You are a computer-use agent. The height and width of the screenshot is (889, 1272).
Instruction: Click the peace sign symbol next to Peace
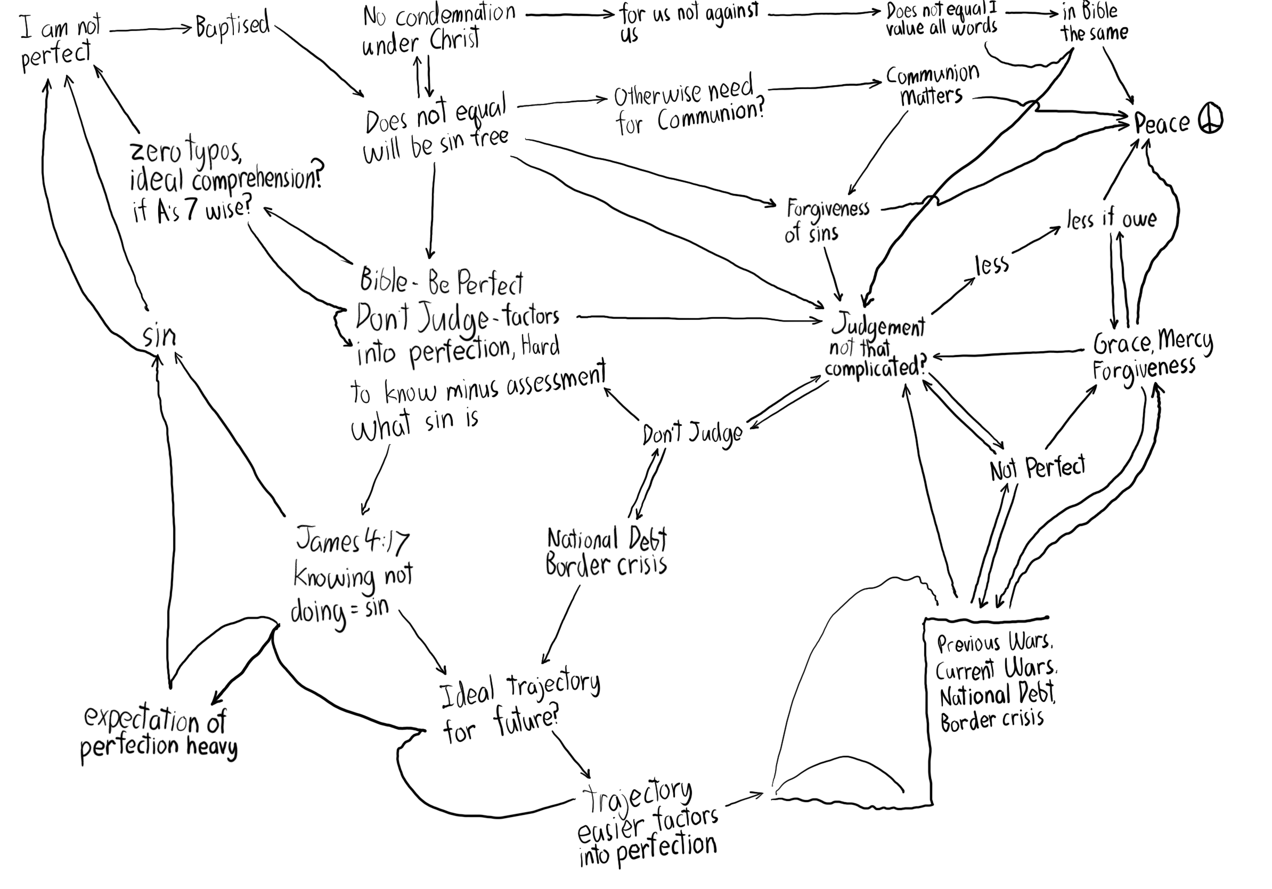1211,120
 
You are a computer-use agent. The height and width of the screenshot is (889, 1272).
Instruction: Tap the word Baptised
233,26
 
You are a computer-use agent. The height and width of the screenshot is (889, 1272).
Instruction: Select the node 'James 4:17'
352,540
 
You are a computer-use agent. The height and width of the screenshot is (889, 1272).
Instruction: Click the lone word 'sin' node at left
159,336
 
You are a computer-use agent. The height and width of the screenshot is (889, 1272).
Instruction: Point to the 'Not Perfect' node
1037,468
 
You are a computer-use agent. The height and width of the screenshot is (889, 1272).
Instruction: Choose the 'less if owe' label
1111,219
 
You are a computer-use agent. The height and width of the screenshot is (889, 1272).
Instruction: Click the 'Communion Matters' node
932,85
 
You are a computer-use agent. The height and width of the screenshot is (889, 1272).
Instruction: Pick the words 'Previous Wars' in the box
994,643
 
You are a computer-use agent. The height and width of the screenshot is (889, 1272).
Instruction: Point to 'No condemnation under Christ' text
438,29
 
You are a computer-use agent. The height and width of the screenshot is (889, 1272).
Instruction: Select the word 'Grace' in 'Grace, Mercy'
1122,344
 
